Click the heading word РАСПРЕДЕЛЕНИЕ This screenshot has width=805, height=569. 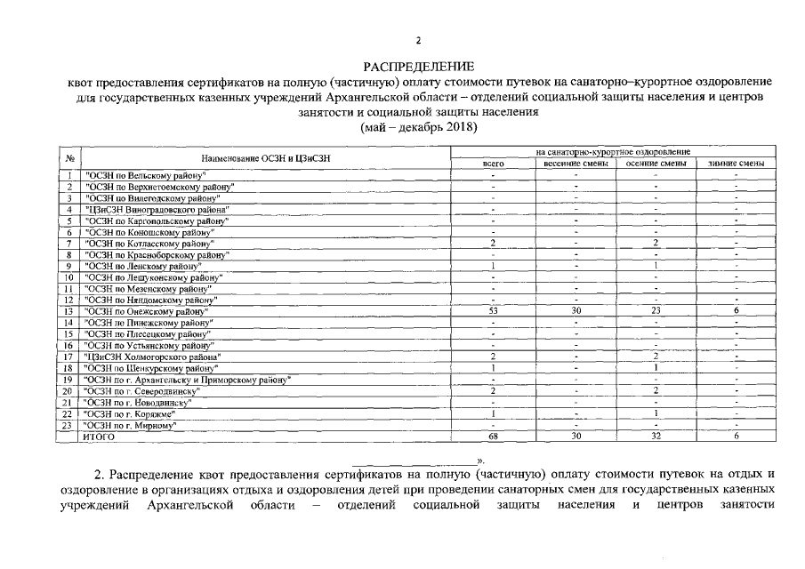(419, 67)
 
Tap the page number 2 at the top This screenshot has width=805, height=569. (418, 40)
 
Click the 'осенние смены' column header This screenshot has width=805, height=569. (656, 164)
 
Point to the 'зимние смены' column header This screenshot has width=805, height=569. (737, 164)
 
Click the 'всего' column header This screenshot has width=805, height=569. (493, 164)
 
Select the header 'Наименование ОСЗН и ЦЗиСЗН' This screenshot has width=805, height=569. (266, 158)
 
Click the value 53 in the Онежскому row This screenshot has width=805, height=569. (493, 311)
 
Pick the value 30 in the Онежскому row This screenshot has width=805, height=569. (576, 311)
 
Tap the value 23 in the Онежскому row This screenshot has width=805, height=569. (656, 311)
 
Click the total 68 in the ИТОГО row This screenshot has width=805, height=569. (493, 437)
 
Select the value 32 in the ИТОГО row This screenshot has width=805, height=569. (656, 437)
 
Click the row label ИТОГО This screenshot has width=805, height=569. (99, 437)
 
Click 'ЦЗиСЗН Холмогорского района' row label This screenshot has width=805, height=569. (150, 357)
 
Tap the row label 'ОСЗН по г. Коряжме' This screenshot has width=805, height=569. (130, 414)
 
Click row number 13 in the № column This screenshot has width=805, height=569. (68, 311)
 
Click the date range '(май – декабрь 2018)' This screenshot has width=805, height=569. (418, 128)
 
